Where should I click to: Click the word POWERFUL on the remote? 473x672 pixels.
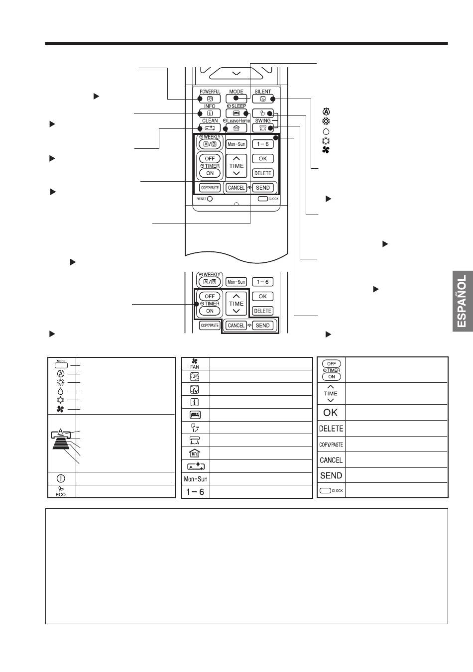click(x=210, y=92)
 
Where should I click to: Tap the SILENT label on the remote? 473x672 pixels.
click(x=262, y=92)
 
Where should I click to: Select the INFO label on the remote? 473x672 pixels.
click(x=210, y=106)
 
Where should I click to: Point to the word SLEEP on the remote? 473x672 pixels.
click(x=238, y=106)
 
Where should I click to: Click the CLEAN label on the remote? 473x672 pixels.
click(x=210, y=120)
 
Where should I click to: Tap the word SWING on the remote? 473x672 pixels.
click(x=262, y=120)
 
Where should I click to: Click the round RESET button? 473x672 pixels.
click(x=210, y=199)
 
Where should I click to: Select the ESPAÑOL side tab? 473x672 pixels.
click(x=463, y=301)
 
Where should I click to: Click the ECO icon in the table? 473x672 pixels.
click(x=61, y=491)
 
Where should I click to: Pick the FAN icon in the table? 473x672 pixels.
click(x=195, y=363)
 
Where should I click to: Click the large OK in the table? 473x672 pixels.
click(x=331, y=413)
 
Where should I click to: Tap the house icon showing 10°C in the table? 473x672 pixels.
click(x=195, y=453)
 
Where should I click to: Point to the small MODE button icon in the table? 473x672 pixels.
click(x=61, y=364)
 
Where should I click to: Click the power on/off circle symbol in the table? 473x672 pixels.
click(x=61, y=478)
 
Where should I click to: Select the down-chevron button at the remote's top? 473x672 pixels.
click(x=236, y=73)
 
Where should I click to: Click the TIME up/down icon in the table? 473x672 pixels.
click(x=331, y=393)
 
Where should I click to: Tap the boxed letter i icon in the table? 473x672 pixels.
click(x=195, y=402)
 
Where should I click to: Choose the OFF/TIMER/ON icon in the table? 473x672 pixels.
click(x=331, y=370)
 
